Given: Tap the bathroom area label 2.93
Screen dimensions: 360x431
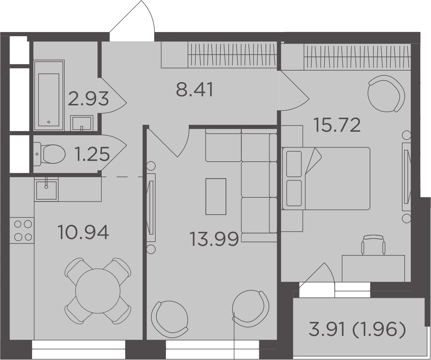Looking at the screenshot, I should [88, 99].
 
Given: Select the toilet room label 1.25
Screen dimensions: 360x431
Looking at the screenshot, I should [92, 154].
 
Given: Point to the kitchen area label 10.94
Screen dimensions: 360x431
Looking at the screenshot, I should [83, 232].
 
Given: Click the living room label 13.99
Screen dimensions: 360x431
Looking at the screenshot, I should [214, 239].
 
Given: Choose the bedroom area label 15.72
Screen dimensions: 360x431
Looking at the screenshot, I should [337, 125].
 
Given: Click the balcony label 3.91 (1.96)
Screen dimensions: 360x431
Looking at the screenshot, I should [357, 330].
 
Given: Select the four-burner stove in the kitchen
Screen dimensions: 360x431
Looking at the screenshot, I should [22, 230].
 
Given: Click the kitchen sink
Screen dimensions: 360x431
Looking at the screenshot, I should [46, 190].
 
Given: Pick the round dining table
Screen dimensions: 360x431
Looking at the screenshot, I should [98, 291].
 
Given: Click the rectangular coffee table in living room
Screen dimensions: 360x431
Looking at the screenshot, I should [216, 196].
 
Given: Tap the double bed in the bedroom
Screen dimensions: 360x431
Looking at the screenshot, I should [326, 178].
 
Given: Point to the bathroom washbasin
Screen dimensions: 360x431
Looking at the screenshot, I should [82, 123].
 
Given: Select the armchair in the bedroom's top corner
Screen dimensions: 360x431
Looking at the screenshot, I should [386, 93].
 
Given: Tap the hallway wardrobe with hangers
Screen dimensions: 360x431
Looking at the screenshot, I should [232, 55].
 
